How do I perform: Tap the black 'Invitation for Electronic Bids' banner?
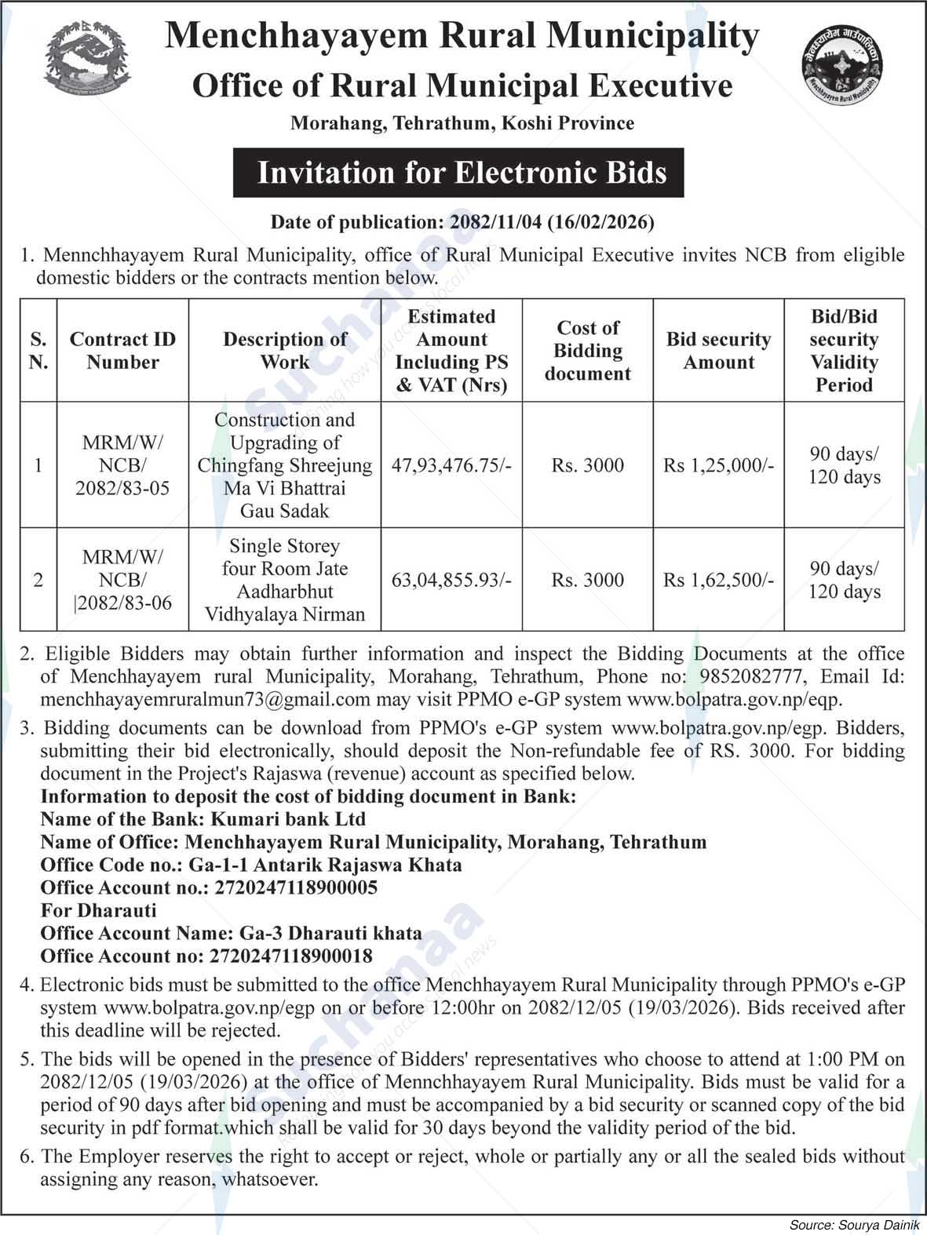tap(458, 173)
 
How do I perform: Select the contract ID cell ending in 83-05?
tap(122, 465)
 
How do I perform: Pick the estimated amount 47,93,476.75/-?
tap(451, 465)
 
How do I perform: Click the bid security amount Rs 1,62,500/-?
tap(718, 580)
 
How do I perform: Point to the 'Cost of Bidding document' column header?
tap(588, 351)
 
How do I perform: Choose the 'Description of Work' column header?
tap(284, 351)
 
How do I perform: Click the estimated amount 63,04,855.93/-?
tap(451, 580)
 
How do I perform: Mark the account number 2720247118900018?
tap(290, 956)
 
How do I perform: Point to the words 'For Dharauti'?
tap(98, 910)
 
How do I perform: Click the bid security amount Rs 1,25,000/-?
tap(718, 465)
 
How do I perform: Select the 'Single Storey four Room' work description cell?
tap(284, 580)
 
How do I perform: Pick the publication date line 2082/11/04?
tap(462, 222)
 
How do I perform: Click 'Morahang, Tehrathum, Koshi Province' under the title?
tap(462, 123)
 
